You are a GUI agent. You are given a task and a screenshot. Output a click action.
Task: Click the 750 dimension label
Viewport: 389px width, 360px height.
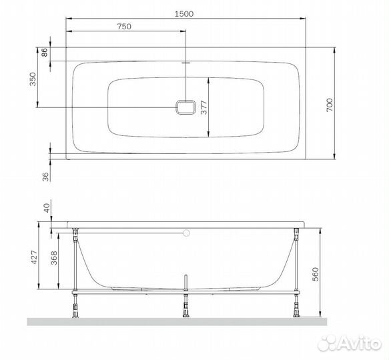123,26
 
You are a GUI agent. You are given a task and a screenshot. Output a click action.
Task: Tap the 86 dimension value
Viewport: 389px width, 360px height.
45,53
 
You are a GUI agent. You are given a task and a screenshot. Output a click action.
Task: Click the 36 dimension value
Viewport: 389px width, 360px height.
45,177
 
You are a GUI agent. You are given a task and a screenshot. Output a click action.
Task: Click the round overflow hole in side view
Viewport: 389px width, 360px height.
186,233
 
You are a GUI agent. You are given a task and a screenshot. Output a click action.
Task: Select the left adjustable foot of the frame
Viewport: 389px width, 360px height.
76,307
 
